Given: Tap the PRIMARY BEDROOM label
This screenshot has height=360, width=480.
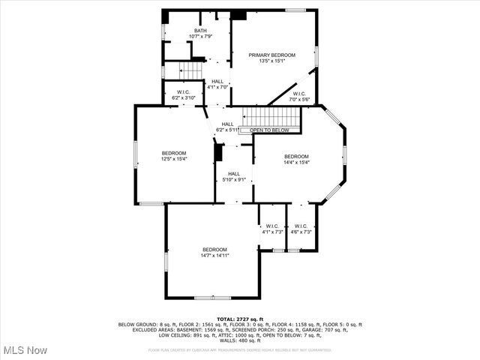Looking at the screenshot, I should click(x=272, y=55).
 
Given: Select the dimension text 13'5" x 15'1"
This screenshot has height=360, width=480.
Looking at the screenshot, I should click(x=272, y=61).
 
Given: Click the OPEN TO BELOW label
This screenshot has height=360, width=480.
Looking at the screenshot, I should click(x=269, y=130).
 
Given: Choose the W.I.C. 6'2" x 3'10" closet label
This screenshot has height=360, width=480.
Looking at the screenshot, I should click(x=184, y=94).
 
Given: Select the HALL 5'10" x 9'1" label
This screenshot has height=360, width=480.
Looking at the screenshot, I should click(x=234, y=176).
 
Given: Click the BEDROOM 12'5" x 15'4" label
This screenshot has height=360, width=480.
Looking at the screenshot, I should click(x=173, y=155).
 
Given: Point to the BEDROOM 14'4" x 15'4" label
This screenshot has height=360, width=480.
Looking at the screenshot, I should click(x=296, y=159).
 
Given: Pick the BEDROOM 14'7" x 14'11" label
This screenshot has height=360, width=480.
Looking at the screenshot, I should click(x=214, y=252).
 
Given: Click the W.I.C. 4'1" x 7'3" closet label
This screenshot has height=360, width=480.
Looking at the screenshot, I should click(x=271, y=229).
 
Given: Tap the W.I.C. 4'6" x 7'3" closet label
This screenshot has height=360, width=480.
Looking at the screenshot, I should click(x=301, y=229).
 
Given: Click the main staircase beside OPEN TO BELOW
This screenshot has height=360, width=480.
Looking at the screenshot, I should click(x=274, y=117).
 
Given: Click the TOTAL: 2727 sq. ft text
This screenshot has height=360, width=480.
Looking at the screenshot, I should click(x=240, y=319).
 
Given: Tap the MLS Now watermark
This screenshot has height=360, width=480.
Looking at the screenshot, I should click(x=25, y=350).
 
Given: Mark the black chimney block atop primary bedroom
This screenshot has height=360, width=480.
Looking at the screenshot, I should click(x=238, y=14).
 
